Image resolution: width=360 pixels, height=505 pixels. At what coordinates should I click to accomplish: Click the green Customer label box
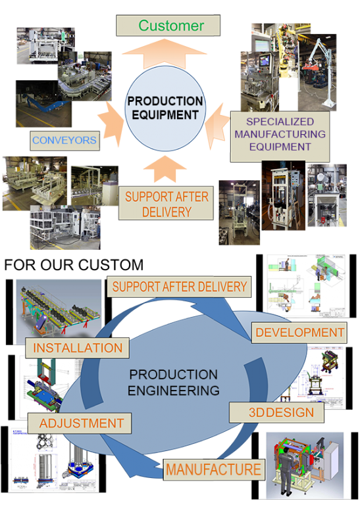click(x=168, y=26)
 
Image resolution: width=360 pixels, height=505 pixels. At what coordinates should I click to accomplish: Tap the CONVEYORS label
click(x=64, y=141)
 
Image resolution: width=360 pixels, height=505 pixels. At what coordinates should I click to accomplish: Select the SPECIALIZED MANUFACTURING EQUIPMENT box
click(x=280, y=136)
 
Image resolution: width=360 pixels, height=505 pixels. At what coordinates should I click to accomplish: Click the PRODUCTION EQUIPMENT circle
click(x=165, y=108)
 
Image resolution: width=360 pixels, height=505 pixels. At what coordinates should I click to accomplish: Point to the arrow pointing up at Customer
click(x=165, y=53)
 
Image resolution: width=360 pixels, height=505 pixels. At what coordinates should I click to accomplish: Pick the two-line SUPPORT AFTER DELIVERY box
click(x=166, y=203)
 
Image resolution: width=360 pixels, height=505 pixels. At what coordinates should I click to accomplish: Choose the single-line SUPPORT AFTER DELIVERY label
click(x=179, y=287)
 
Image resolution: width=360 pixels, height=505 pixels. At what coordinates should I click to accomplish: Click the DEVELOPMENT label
click(x=299, y=332)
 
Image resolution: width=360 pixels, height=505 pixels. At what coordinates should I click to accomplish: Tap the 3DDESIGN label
click(x=277, y=412)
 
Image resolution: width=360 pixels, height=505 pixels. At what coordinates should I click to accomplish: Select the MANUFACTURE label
click(x=214, y=469)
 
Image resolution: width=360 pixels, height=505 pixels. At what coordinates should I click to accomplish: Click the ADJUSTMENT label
click(x=80, y=423)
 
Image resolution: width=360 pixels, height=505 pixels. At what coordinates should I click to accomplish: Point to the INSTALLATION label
click(x=78, y=348)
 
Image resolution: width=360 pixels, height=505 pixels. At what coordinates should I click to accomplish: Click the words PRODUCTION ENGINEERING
click(x=174, y=382)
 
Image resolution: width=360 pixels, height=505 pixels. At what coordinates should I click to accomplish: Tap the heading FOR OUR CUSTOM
click(x=74, y=265)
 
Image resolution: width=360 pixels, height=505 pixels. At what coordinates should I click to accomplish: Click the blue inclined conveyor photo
click(x=43, y=104)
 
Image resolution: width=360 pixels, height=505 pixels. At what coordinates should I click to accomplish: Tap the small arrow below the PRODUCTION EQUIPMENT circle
click(x=165, y=169)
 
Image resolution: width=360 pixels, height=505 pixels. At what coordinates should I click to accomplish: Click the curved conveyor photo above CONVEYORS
click(x=85, y=76)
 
